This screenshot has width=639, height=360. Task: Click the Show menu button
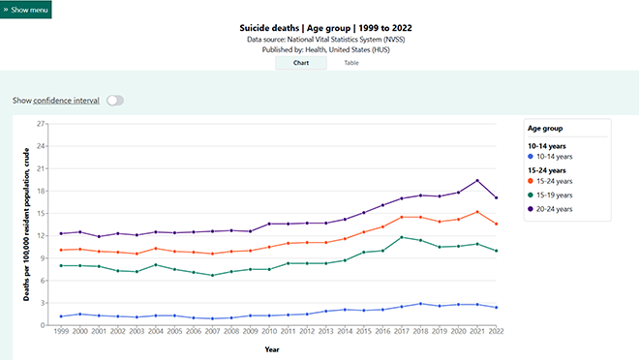(26, 9)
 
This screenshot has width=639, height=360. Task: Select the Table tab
(351, 63)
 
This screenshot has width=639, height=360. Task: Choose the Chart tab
(300, 63)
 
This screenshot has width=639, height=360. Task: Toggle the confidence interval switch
(115, 100)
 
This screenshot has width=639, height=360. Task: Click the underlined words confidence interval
(66, 100)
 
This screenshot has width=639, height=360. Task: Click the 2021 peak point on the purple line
(476, 181)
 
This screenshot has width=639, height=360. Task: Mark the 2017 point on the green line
(401, 237)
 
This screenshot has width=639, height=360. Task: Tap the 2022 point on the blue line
(497, 308)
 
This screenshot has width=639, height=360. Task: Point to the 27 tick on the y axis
(40, 124)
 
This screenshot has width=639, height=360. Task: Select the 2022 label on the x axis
(497, 332)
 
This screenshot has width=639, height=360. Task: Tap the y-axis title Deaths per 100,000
(27, 225)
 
